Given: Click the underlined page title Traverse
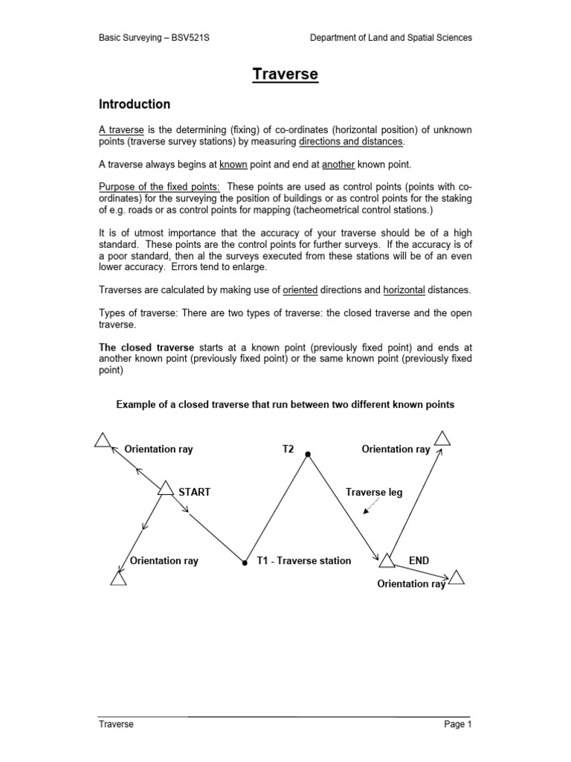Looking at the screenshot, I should [x=285, y=74].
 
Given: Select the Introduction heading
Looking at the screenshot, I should [x=135, y=104].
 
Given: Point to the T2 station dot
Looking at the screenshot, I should [x=308, y=453].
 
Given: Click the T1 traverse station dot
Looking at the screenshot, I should [x=245, y=563].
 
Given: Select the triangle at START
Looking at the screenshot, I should [x=166, y=488].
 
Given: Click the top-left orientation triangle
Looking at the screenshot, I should [x=103, y=441].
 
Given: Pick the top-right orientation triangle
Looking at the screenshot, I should [x=442, y=437].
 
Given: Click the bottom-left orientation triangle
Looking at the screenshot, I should [x=118, y=577].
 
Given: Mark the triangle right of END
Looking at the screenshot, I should [x=457, y=577].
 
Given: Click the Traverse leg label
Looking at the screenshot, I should [x=374, y=493].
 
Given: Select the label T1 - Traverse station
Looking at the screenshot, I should [x=303, y=560].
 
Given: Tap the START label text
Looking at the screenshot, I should [x=195, y=492].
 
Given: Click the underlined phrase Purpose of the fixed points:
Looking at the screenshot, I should [x=159, y=186].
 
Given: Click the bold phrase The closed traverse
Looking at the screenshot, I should [x=147, y=348].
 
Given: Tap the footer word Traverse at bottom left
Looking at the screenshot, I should [x=116, y=724].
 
